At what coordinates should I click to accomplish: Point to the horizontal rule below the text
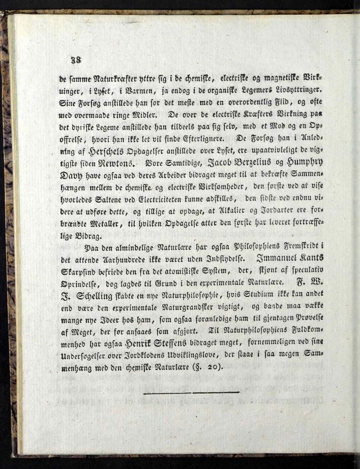point(191,392)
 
